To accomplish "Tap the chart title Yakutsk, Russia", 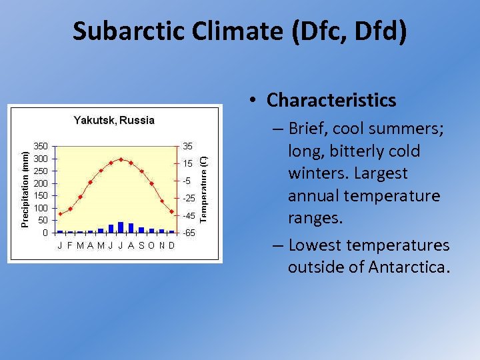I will coord(114,121).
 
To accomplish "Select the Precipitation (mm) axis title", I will coord(25,189).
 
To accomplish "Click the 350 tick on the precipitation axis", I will coord(41,146).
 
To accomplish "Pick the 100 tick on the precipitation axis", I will coord(41,208).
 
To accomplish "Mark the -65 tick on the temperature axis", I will coord(189,233).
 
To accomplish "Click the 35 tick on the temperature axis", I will coord(187,146).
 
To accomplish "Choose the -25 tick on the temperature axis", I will coord(189,199).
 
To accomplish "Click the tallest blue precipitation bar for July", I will coord(121,227).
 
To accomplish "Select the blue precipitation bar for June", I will coord(111,229).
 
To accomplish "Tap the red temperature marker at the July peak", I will coord(121,159).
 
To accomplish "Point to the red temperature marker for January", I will coord(60,214).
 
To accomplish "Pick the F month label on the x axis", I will coord(70,245).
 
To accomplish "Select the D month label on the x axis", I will coord(171,245).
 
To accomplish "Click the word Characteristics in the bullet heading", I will coord(331,100).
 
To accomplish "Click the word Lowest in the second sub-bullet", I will coord(315,245).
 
